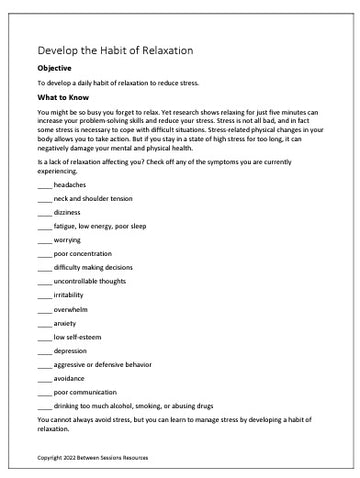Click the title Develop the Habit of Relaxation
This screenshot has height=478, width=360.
coord(115,49)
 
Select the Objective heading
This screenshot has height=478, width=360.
coord(58,68)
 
